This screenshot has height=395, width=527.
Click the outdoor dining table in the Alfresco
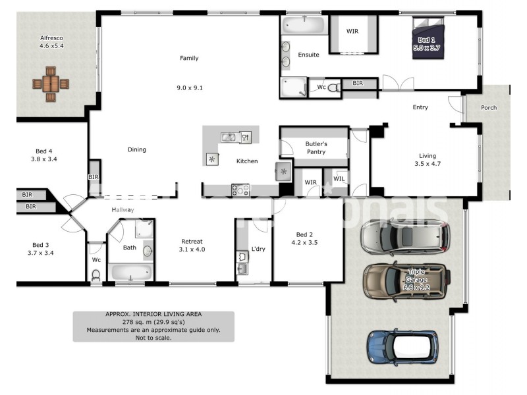pyautogui.click(x=51, y=84)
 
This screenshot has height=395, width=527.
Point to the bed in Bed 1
pyautogui.click(x=430, y=38)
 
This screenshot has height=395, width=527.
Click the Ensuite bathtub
pyautogui.click(x=303, y=25)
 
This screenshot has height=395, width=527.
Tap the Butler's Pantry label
pyautogui.click(x=316, y=147)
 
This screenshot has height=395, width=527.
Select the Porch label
pyautogui.click(x=489, y=107)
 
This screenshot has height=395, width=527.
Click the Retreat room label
pyautogui.click(x=192, y=246)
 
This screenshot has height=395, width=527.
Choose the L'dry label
pyautogui.click(x=258, y=249)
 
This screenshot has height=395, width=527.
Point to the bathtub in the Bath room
pyautogui.click(x=131, y=272)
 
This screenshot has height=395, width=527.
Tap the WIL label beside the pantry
pyautogui.click(x=339, y=178)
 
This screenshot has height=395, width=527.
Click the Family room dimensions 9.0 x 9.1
pyautogui.click(x=189, y=87)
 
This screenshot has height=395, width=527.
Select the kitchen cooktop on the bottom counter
pyautogui.click(x=240, y=190)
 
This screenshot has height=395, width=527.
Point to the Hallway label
pyautogui.click(x=123, y=209)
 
